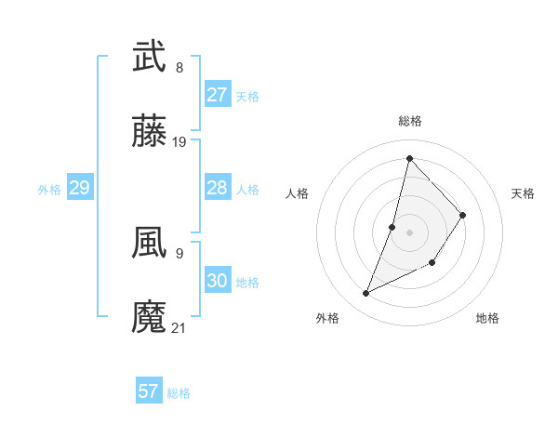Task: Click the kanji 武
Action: coord(150,58)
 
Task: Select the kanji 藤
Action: coord(150,134)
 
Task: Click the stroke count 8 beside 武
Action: coord(179,68)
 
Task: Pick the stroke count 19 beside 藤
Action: coord(179,142)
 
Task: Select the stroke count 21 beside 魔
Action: coord(179,327)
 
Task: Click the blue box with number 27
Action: coord(217,95)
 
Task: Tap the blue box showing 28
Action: coord(217,188)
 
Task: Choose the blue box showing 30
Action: coord(217,281)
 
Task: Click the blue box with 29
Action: coord(79,188)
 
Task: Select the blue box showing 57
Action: coord(149,391)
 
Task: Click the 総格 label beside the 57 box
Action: coord(179,393)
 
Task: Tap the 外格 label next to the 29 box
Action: coord(49,190)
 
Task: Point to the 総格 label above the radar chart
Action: coord(410,121)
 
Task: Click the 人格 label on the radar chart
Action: coord(298,193)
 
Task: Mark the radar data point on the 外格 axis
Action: coord(366,294)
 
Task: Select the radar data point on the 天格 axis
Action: coord(462,215)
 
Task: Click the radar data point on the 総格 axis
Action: coord(409,158)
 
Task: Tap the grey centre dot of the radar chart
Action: coord(409,232)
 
